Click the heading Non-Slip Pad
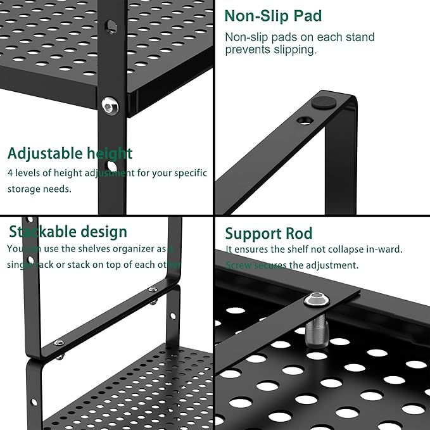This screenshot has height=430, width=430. pyautogui.click(x=273, y=16)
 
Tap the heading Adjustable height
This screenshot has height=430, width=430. pyautogui.click(x=70, y=153)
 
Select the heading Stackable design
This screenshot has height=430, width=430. pyautogui.click(x=68, y=232)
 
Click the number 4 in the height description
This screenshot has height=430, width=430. pyautogui.click(x=11, y=173)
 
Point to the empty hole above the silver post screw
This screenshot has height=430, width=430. pyautogui.click(x=111, y=27)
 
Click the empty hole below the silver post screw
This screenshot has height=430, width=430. pyautogui.click(x=112, y=167)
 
